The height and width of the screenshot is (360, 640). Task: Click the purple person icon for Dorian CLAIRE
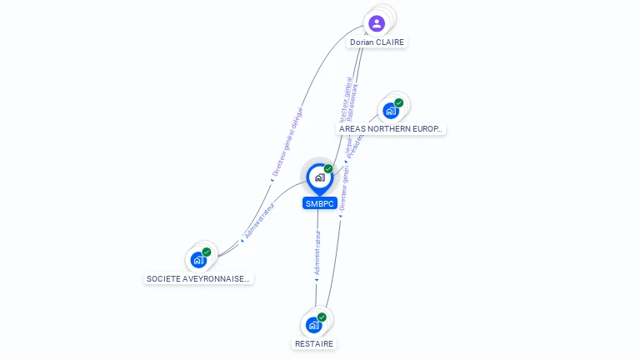pos(377,23)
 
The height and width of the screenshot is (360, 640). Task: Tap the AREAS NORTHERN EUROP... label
pos(391,129)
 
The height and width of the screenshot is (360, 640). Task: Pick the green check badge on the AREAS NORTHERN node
pos(399,102)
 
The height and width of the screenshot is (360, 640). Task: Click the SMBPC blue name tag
pos(320,203)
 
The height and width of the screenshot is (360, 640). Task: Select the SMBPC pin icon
pos(319,177)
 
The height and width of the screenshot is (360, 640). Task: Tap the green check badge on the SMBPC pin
pos(328,168)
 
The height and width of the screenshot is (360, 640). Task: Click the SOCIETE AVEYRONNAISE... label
pos(198,279)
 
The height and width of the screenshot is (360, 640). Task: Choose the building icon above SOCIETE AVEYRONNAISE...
pos(198,260)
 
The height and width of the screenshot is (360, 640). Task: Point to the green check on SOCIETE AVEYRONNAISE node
pos(207,252)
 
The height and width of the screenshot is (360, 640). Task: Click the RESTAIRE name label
pos(314,343)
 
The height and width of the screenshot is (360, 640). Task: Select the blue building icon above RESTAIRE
pos(313,325)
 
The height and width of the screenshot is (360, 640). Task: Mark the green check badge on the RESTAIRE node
pos(322,317)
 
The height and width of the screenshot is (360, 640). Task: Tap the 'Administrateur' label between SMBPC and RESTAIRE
pos(317,254)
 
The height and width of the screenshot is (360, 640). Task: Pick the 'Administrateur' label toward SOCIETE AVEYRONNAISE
pos(258,221)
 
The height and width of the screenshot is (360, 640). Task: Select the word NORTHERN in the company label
pos(387,129)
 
